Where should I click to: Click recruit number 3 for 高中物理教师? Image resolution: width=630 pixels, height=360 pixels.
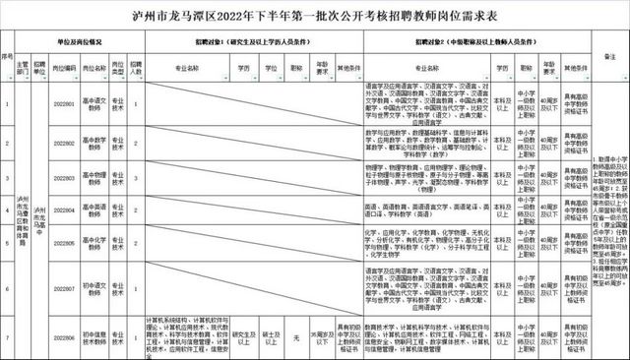137,178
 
